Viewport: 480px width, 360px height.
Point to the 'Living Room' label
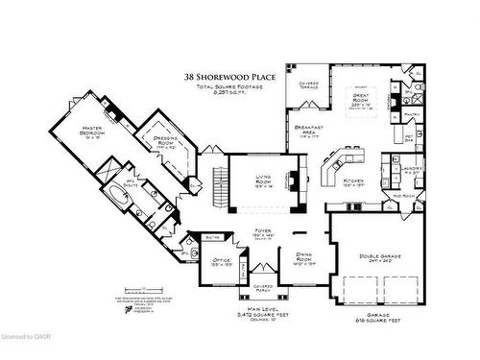point(264,180)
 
